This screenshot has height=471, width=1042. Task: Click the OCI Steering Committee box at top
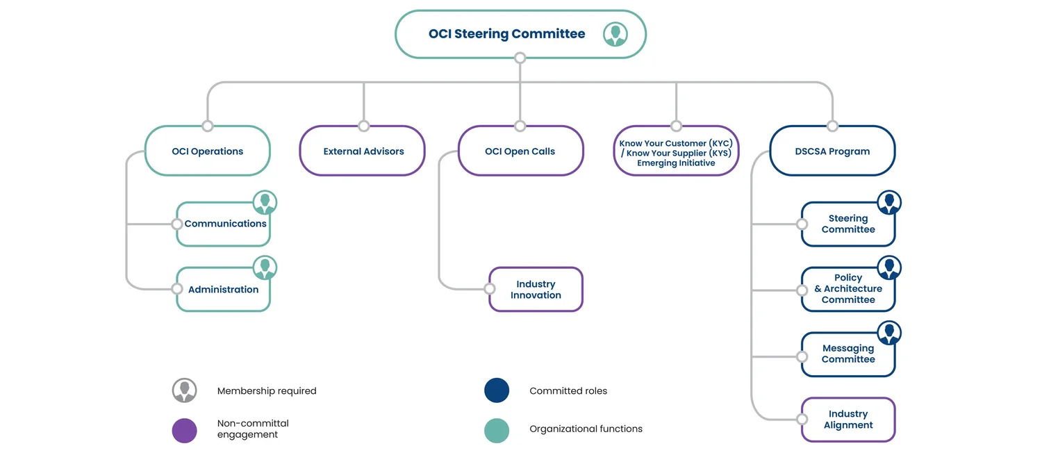coord(506,34)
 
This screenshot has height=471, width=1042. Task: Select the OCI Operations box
coord(207,151)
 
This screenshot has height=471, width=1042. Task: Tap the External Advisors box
coord(363,151)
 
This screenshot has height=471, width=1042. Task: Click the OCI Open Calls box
coord(520,151)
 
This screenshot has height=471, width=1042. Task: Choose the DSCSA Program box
coord(832,151)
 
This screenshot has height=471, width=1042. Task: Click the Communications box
coord(224,224)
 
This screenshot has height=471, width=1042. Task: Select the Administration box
coord(223,290)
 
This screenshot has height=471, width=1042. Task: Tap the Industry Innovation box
coord(536,290)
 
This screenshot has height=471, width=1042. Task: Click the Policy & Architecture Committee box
coord(847,289)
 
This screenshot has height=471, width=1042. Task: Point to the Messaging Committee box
coord(847,354)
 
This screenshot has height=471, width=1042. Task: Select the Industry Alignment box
coord(847,420)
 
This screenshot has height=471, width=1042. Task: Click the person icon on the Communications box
coord(265,202)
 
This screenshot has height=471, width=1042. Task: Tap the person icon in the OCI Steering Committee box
coord(615,34)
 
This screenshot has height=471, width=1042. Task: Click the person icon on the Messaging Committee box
coord(889,333)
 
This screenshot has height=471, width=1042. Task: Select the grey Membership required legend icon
coord(185,390)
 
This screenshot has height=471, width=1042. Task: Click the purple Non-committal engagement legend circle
coord(185,430)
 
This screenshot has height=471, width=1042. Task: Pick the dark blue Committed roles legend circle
coord(497,390)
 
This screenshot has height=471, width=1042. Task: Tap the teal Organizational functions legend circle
coord(497,430)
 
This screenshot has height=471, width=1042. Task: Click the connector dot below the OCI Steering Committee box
coord(520,58)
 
